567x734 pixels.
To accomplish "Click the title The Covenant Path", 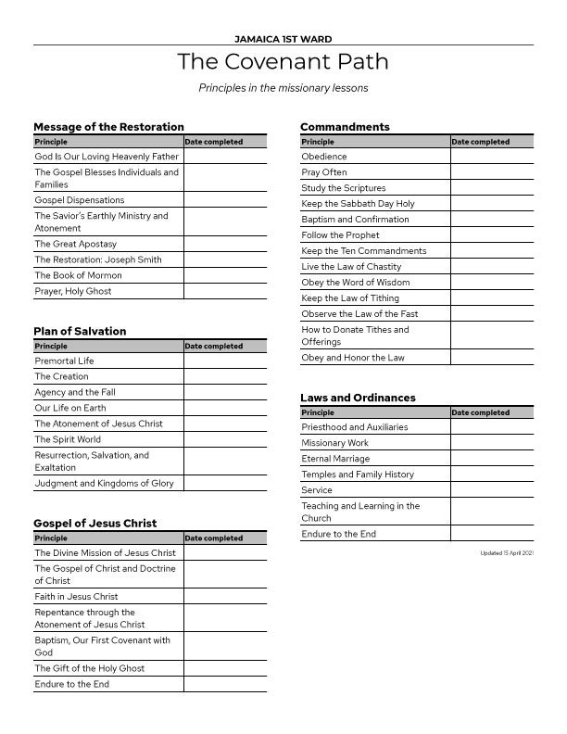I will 283,62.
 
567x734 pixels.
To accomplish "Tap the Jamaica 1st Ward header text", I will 283,39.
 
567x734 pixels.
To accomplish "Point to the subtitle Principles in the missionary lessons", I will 283,88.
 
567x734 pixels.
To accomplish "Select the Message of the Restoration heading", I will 108,127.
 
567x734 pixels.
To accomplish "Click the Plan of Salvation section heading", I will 80,331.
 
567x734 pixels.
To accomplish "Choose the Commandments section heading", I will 345,127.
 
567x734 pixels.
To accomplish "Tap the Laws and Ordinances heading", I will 358,398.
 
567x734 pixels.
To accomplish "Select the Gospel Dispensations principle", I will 79,200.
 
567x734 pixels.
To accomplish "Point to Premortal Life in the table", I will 64,361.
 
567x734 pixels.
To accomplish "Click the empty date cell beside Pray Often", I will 492,172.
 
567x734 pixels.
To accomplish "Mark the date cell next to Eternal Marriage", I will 492,459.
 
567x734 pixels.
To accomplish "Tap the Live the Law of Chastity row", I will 351,267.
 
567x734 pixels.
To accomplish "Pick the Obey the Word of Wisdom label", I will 355,283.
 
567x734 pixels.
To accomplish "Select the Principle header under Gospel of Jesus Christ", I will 50,538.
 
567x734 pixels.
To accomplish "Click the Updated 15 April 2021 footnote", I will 508,553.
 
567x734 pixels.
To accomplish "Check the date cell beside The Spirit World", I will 225,440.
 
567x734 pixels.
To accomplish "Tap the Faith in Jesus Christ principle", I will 76,597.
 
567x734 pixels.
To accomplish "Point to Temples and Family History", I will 358,475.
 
